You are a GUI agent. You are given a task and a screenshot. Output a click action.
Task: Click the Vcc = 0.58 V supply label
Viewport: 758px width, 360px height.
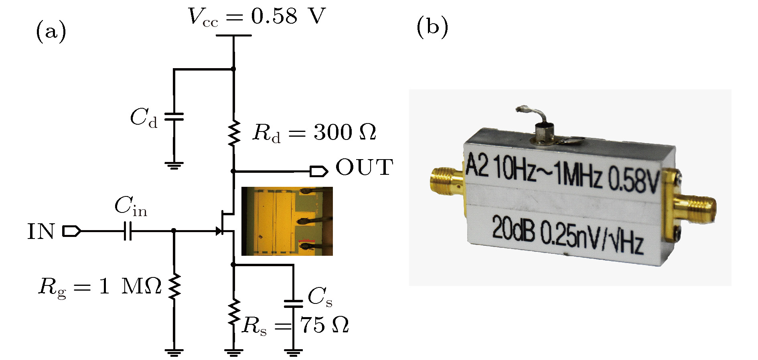pos(257,17)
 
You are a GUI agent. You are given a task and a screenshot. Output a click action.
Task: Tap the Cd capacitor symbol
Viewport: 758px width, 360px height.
pos(174,117)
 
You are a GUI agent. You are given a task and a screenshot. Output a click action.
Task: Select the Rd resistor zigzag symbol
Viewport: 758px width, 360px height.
pos(233,133)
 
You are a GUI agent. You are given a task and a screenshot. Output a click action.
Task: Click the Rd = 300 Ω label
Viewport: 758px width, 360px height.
pos(314,133)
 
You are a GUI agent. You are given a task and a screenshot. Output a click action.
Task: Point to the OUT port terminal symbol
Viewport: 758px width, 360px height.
pos(319,172)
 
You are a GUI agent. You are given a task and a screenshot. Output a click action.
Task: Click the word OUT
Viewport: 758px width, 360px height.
pos(364,168)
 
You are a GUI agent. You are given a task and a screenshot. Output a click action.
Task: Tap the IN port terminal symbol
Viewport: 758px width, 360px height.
pos(72,231)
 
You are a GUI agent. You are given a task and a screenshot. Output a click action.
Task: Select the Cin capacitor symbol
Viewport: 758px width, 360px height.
pos(128,231)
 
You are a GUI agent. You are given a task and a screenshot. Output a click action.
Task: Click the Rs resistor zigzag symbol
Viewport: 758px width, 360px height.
pos(233,312)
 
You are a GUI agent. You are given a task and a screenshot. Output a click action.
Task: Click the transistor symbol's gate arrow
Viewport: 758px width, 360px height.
pos(219,231)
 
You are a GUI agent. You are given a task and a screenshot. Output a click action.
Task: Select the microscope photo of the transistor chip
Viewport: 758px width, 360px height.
pos(287,221)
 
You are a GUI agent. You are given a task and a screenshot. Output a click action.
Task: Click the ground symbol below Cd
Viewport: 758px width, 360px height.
pos(174,166)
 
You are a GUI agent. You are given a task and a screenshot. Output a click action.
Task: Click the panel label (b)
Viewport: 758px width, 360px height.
pos(432,27)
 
